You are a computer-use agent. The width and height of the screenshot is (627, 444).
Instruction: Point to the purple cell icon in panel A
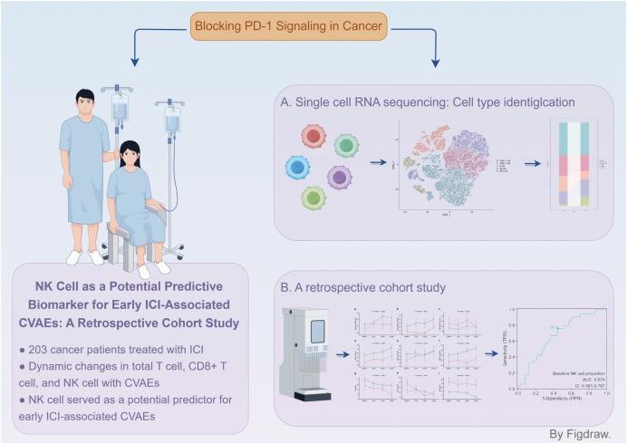(340, 177)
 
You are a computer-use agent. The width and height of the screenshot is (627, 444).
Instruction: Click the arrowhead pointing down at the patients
(134, 63)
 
